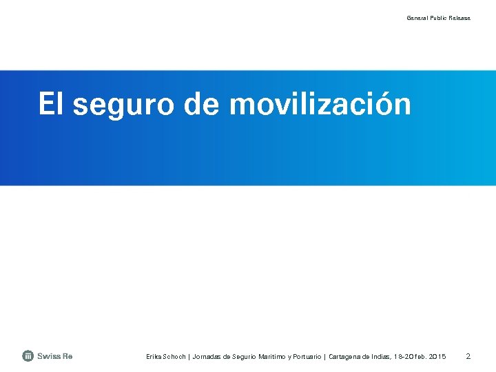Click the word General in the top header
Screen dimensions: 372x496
click(417, 18)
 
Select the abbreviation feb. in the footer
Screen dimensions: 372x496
click(422, 357)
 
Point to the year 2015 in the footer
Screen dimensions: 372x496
click(439, 357)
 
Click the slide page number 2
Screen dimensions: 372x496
click(468, 356)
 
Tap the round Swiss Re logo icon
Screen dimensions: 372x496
click(28, 356)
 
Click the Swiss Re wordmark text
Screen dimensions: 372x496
click(55, 356)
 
